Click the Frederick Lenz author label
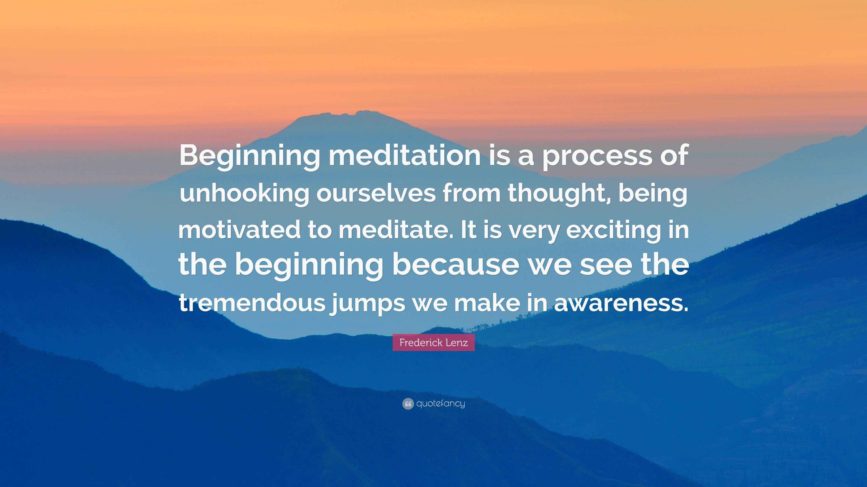tap(433, 343)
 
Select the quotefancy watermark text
tap(440, 403)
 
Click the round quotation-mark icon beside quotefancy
tap(408, 404)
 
